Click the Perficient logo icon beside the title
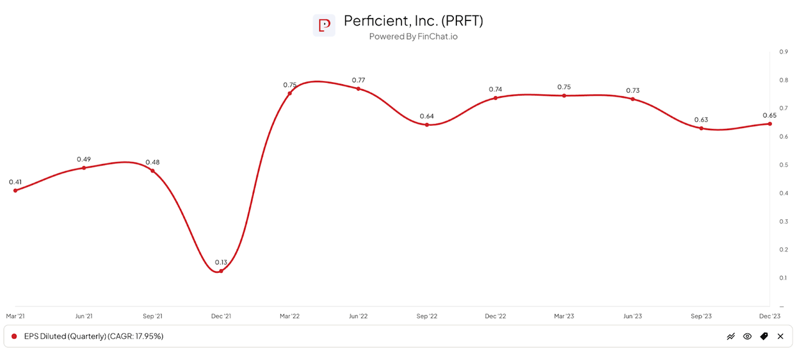tap(324, 26)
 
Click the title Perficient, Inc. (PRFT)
tap(413, 21)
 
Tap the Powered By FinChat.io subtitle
tap(413, 37)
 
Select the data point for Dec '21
tap(221, 271)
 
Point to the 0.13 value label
tap(221, 262)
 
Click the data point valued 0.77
tap(358, 88)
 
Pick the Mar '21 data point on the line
tap(15, 190)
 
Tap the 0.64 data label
tap(427, 116)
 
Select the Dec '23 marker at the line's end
tap(770, 123)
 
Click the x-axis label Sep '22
tap(427, 316)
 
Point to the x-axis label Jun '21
tap(84, 316)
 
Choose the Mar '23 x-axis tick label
tap(564, 316)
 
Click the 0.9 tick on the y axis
tap(783, 52)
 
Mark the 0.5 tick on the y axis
tap(783, 165)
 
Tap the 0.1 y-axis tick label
tap(783, 278)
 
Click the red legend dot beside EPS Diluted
tap(14, 336)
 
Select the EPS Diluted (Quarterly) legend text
tap(93, 336)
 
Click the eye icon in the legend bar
tap(747, 336)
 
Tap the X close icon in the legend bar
tap(780, 336)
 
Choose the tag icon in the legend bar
tap(764, 336)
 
